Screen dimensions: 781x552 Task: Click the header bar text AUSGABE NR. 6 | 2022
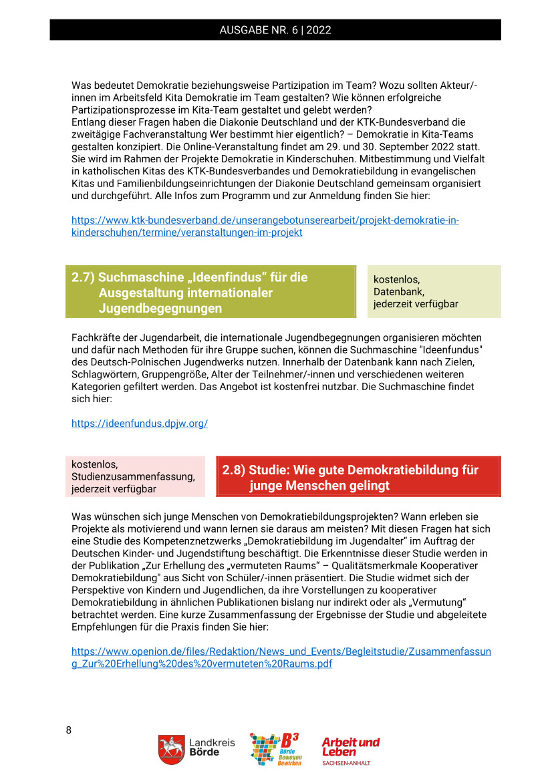[275, 30]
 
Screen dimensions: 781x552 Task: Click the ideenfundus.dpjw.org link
[140, 424]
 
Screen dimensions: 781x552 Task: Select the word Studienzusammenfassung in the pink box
[133, 476]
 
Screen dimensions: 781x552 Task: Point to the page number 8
[68, 730]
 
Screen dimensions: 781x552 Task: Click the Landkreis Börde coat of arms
[171, 750]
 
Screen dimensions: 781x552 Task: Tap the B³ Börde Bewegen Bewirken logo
[275, 749]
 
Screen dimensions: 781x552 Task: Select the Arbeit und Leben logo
[350, 746]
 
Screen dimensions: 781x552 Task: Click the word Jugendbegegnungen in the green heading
[160, 309]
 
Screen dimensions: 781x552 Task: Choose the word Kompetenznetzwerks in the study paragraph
[202, 540]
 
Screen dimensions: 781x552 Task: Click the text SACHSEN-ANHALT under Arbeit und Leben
[346, 763]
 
